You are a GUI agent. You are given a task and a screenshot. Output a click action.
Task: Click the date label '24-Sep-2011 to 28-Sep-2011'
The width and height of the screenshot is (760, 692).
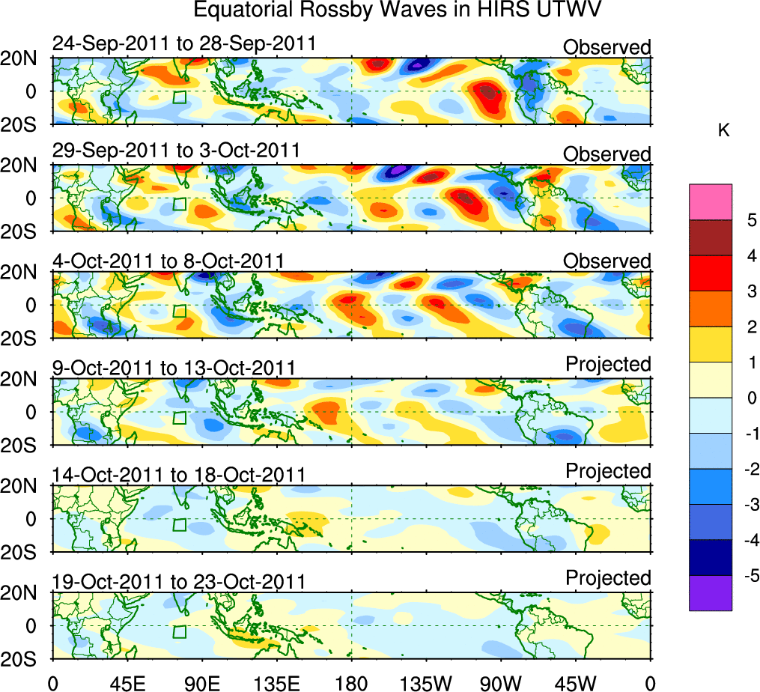pyautogui.click(x=184, y=44)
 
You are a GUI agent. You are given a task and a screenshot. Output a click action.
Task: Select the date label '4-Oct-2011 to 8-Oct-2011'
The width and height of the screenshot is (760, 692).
pyautogui.click(x=168, y=261)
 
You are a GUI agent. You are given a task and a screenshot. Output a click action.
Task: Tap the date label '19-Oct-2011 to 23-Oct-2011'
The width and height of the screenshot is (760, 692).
pyautogui.click(x=179, y=581)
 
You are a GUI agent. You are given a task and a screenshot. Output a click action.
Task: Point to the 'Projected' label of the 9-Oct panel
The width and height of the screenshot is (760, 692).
pyautogui.click(x=608, y=364)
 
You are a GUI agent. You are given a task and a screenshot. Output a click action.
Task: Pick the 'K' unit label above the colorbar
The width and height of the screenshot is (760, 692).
pyautogui.click(x=723, y=130)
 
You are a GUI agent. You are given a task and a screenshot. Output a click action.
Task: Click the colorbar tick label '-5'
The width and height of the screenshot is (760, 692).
pyautogui.click(x=749, y=576)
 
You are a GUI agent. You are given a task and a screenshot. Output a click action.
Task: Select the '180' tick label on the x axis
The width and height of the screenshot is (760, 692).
pyautogui.click(x=351, y=682)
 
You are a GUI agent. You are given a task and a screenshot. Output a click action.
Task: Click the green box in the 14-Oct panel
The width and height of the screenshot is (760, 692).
pyautogui.click(x=179, y=524)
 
